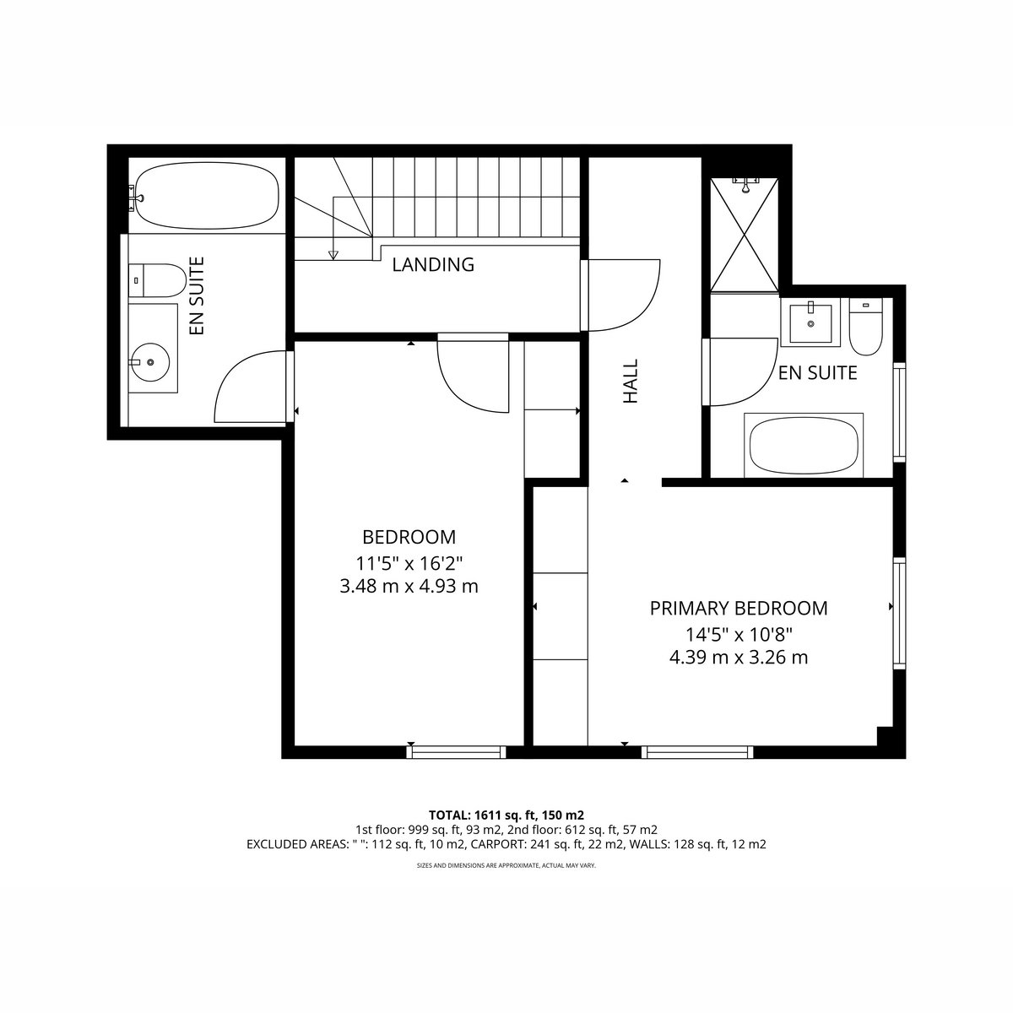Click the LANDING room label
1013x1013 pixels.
[x=433, y=264]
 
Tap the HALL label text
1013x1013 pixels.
[x=631, y=381]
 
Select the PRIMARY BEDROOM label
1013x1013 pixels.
[x=739, y=608]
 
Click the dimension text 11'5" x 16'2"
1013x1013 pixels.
[x=409, y=564]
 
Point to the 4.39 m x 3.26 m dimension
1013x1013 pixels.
[x=739, y=658]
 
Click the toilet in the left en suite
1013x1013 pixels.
[x=157, y=280]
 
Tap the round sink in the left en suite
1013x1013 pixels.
[x=150, y=362]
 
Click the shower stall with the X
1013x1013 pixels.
[x=744, y=235]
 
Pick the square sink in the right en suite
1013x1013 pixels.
[x=810, y=322]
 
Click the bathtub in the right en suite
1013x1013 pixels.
[x=804, y=446]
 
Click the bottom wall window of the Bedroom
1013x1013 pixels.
[x=457, y=752]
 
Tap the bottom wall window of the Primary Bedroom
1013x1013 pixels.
[x=697, y=752]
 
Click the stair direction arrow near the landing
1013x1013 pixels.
[x=333, y=256]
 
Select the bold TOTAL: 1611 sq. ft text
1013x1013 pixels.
[x=483, y=815]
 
